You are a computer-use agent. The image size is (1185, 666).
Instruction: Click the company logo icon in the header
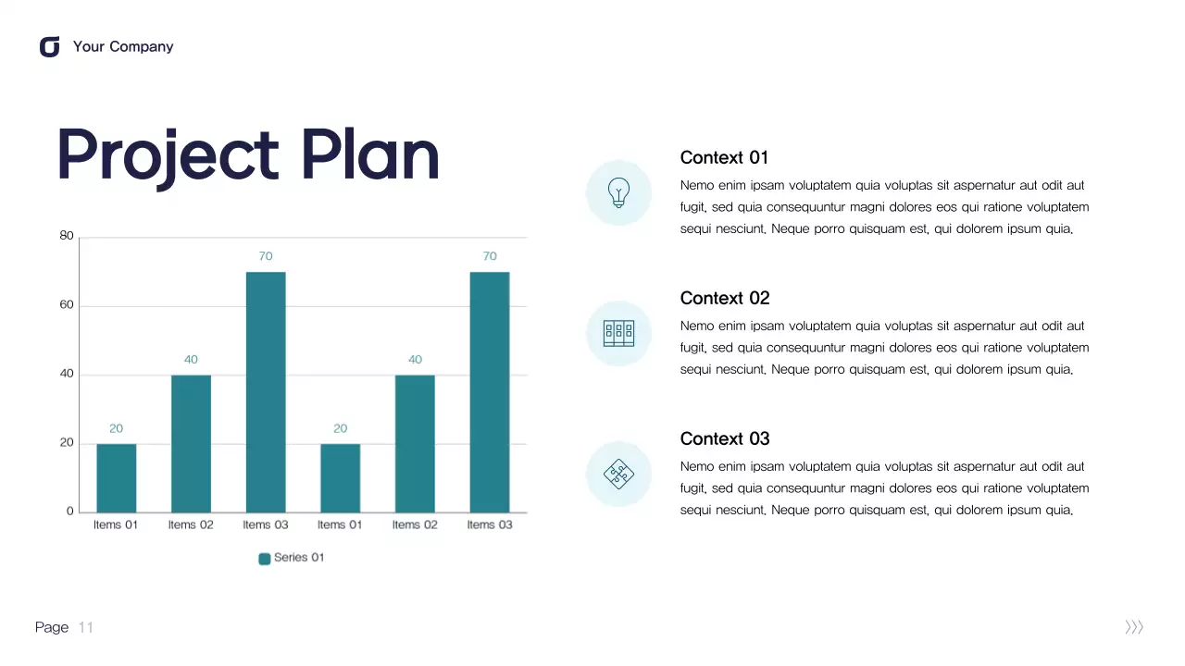(50, 47)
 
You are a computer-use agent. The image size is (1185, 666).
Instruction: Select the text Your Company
(123, 47)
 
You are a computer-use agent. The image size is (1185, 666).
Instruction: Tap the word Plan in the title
(370, 154)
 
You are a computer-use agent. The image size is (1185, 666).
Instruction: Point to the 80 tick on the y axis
(67, 236)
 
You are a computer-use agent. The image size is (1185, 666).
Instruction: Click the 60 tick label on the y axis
(67, 305)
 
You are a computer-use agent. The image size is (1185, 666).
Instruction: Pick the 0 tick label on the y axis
(69, 512)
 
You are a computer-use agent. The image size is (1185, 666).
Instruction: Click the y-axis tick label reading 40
(67, 375)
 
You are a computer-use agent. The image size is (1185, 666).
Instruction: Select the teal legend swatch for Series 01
(265, 559)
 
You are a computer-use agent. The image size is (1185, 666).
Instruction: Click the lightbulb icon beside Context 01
(618, 192)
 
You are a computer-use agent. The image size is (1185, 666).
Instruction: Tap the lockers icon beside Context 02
(618, 333)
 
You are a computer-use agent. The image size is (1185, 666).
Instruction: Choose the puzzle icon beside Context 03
(618, 474)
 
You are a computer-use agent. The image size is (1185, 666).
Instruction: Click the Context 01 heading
(724, 157)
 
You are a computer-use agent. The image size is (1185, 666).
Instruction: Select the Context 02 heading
(724, 298)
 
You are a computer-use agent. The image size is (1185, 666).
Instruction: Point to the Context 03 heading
(724, 438)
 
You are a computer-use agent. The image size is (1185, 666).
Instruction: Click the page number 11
(86, 628)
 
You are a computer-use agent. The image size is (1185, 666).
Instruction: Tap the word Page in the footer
(52, 628)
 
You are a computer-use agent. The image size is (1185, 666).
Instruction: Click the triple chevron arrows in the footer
(1134, 628)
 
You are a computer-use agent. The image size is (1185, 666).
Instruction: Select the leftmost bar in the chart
(117, 478)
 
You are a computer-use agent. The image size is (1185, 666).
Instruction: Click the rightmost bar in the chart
(490, 392)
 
